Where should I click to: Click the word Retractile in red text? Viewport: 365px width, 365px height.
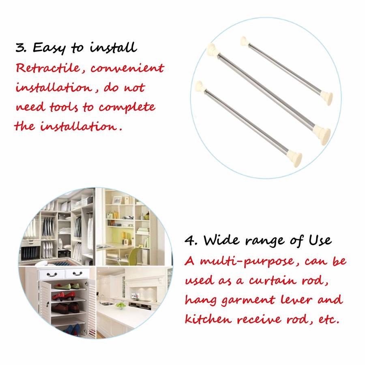tap(48, 68)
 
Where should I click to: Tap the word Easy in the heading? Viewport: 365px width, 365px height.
tap(49, 48)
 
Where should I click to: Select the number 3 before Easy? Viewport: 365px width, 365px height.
tap(21, 47)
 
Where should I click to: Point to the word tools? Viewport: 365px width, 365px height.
tap(64, 107)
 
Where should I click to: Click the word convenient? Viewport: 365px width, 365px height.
tap(128, 68)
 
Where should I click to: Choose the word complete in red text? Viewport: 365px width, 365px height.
tap(127, 108)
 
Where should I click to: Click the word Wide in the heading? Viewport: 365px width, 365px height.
tap(221, 240)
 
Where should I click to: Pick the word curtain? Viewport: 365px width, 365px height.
tap(273, 280)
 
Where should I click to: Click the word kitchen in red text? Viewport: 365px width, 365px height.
tap(208, 318)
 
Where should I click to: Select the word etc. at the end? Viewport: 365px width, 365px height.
tap(329, 320)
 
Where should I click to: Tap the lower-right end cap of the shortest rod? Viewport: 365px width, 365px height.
tap(326, 98)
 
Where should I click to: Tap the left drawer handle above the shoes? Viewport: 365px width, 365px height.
tap(52, 275)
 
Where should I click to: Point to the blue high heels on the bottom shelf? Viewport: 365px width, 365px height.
tap(72, 330)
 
